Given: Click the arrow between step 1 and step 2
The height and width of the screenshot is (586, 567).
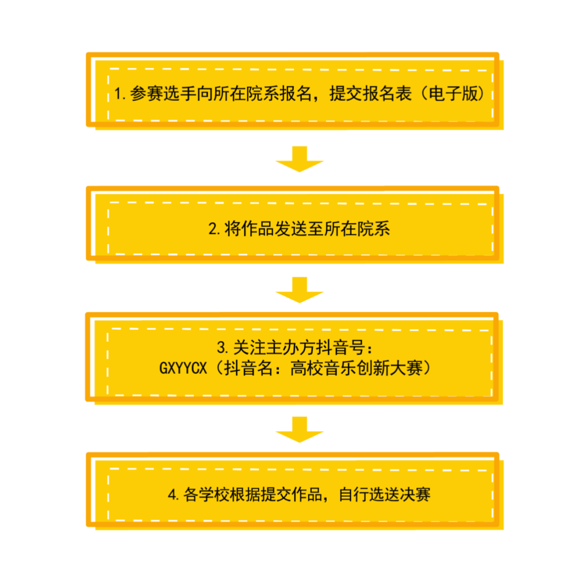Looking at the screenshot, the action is point(299,159).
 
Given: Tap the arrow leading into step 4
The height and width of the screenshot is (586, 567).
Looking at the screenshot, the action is point(299,430).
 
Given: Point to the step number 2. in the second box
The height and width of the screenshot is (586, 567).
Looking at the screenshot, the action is point(215,229).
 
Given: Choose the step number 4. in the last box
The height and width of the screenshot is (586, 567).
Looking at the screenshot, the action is point(175,495).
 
